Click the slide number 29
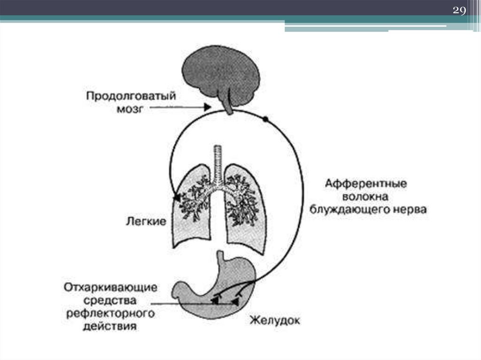[x=458, y=11]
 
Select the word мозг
[x=129, y=108]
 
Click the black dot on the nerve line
[x=265, y=120]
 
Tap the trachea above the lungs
[x=217, y=162]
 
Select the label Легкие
[x=146, y=221]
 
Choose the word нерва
[x=410, y=210]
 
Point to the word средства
[x=110, y=299]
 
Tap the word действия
[x=110, y=326]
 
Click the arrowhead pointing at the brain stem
[x=207, y=108]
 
